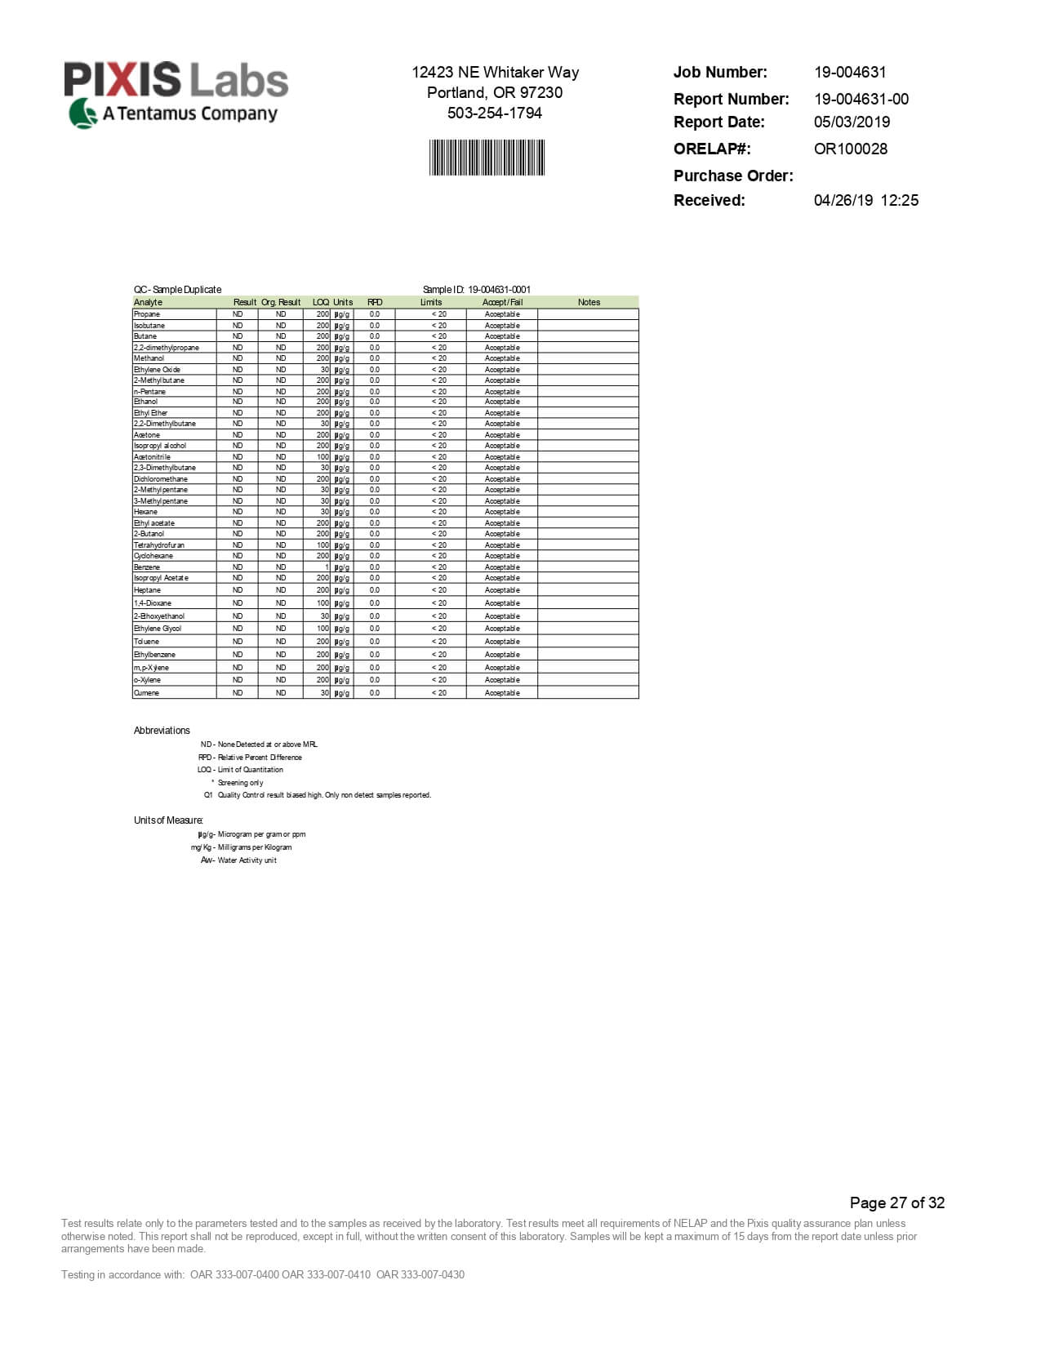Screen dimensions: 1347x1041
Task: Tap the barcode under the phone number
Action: coord(487,158)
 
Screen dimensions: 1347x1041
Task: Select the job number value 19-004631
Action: coord(850,72)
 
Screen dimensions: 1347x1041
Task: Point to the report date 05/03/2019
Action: coord(852,122)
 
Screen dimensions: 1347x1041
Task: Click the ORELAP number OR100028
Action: coord(850,149)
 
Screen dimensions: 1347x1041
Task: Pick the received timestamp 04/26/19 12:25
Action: coord(865,200)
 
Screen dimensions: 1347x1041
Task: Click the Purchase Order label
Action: coord(732,176)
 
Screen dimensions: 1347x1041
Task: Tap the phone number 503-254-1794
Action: coord(495,113)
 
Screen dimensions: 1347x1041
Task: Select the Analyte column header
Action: coord(149,302)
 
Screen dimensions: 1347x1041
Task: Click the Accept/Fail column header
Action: coord(502,302)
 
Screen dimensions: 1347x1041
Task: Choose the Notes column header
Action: coord(589,302)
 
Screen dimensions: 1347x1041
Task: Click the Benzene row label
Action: coord(147,567)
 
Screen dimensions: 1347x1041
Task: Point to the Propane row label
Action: coord(147,313)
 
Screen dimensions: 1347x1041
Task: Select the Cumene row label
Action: coord(147,693)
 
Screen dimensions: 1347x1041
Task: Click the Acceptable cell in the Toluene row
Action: coord(502,642)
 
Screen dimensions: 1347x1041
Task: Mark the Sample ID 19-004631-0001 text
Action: coord(477,289)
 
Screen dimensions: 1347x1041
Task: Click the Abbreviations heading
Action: coord(162,731)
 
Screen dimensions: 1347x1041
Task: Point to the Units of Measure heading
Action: coord(168,820)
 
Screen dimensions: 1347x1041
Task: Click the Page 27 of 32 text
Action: coord(896,1203)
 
